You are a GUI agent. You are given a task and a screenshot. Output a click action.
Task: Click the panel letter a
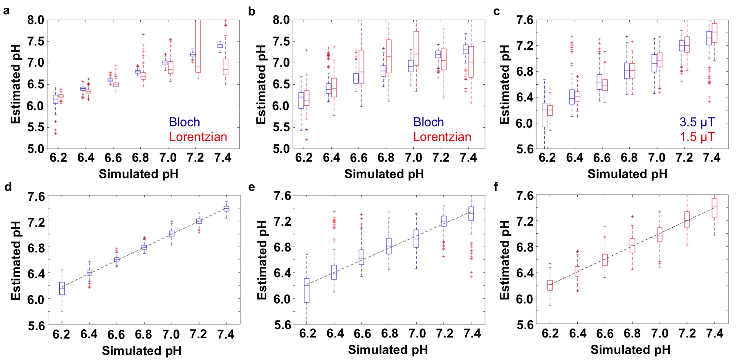[x=6, y=11]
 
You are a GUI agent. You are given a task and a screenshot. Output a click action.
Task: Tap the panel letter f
[x=496, y=187]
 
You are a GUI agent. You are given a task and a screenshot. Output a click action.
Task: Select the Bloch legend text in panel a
[x=184, y=122]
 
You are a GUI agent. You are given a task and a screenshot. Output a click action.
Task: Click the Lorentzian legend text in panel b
[x=442, y=137]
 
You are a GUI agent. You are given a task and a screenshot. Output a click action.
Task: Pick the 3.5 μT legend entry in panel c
[x=697, y=122]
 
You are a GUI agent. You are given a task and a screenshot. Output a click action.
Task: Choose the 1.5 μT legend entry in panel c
[x=697, y=137]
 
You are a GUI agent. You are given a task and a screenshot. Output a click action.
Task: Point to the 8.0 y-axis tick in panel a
[x=36, y=20]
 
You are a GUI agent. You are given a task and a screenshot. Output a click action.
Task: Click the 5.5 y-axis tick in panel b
[x=281, y=127]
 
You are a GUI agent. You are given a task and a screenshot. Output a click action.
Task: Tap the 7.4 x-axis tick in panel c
[x=711, y=158]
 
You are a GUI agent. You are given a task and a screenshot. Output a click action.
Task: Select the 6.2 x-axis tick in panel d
[x=61, y=335]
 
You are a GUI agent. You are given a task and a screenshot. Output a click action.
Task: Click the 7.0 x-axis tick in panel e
[x=417, y=334]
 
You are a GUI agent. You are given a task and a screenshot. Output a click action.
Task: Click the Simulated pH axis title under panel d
[x=141, y=351]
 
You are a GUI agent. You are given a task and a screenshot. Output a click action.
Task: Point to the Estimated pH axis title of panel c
[x=505, y=85]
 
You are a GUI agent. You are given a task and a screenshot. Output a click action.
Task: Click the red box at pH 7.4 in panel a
[x=225, y=67]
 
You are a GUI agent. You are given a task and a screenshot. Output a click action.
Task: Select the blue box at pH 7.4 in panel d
[x=226, y=209]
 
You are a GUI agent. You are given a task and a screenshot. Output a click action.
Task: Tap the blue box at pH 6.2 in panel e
[x=307, y=290]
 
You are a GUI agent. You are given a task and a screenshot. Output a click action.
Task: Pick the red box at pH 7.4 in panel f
[x=714, y=207]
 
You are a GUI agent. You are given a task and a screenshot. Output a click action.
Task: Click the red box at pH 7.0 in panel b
[x=416, y=48]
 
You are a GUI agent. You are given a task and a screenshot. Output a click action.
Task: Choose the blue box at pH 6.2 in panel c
[x=544, y=115]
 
